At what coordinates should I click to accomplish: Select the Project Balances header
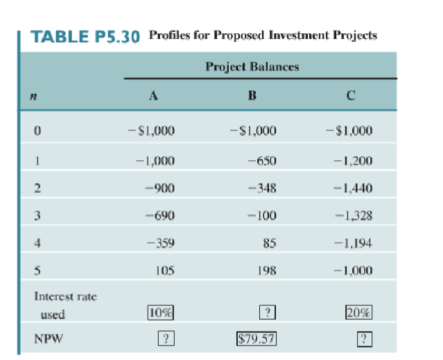point(252,67)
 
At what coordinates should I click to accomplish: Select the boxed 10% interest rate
point(160,313)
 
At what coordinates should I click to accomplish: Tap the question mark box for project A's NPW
point(164,339)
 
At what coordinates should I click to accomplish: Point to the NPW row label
point(47,339)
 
